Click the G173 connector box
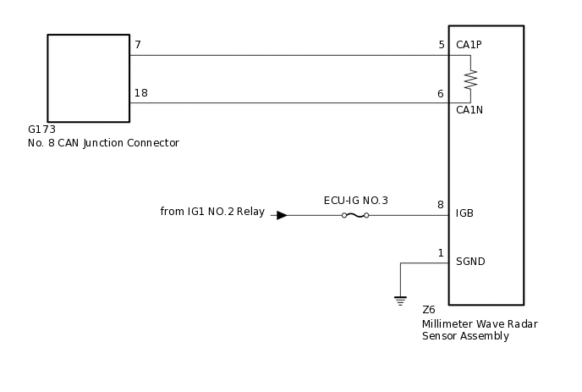pyautogui.click(x=88, y=78)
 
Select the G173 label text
pyautogui.click(x=41, y=130)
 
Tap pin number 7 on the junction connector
pyautogui.click(x=137, y=44)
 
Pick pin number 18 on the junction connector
pyautogui.click(x=140, y=92)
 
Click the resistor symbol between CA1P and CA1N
pyautogui.click(x=470, y=79)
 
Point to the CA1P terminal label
pyautogui.click(x=469, y=45)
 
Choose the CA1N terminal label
pyautogui.click(x=469, y=111)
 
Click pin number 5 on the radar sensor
pyautogui.click(x=440, y=45)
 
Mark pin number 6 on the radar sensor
pyautogui.click(x=440, y=93)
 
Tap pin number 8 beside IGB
pyautogui.click(x=440, y=205)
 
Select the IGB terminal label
pyautogui.click(x=464, y=213)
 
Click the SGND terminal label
pyautogui.click(x=470, y=262)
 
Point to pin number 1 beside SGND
pyautogui.click(x=440, y=253)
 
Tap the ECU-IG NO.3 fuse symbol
pyautogui.click(x=355, y=215)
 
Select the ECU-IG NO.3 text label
pyautogui.click(x=355, y=201)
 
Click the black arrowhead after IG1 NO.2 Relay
pyautogui.click(x=282, y=215)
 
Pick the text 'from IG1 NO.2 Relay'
pyautogui.click(x=212, y=211)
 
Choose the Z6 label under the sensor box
pyautogui.click(x=428, y=310)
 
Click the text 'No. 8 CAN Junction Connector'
pyautogui.click(x=103, y=143)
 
